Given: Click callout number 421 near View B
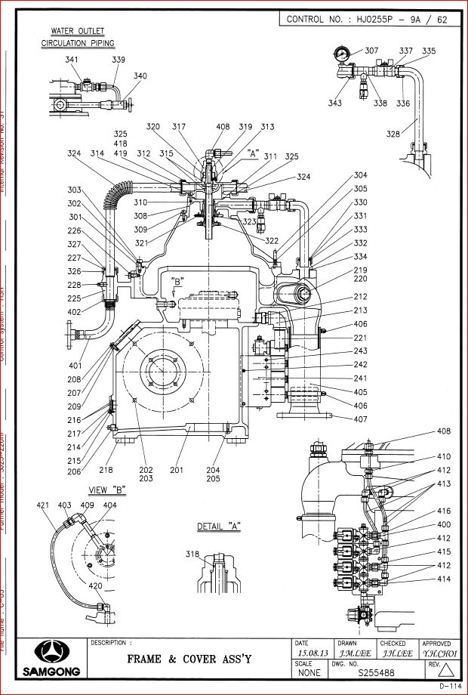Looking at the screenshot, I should point(43,505).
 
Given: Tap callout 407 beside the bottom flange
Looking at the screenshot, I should point(360,418).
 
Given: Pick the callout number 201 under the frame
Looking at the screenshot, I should point(177,469).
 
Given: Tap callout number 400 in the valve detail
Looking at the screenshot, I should point(444,524).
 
